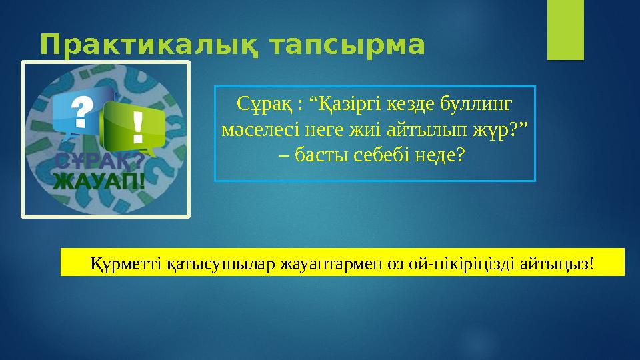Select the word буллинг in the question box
point(479,105)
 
